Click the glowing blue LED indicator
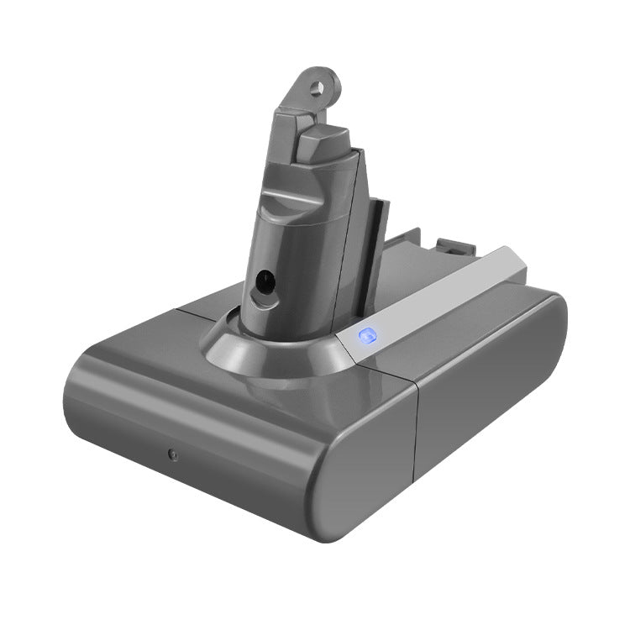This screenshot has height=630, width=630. pyautogui.click(x=366, y=337)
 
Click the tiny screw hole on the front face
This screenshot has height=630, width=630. pyautogui.click(x=172, y=454)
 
